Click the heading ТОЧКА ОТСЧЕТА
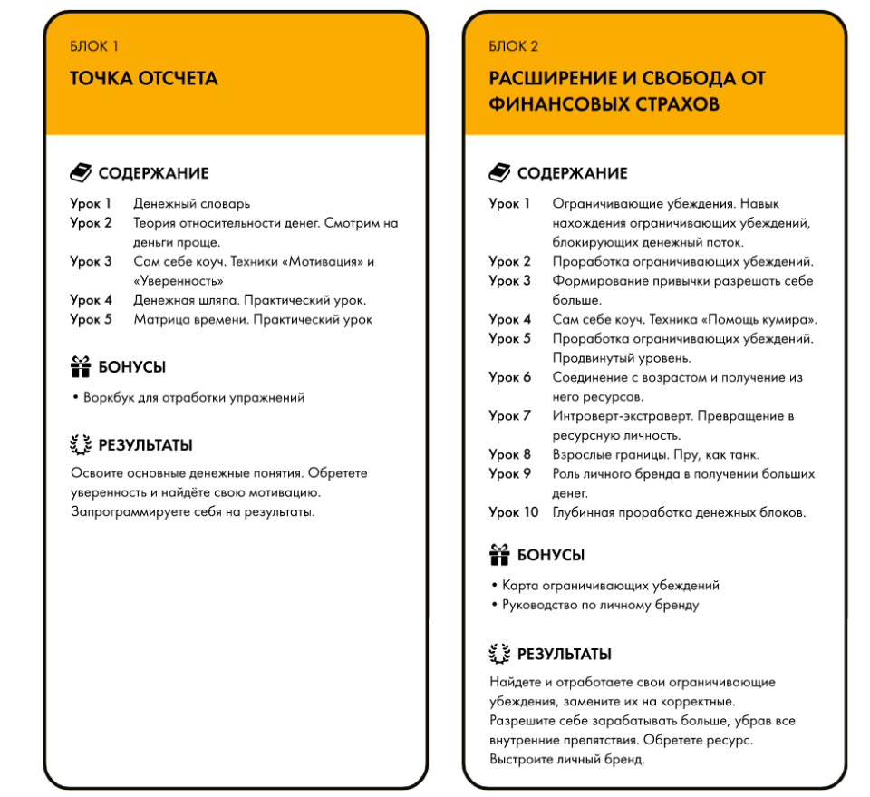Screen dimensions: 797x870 (x=144, y=79)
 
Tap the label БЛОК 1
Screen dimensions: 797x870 (x=94, y=46)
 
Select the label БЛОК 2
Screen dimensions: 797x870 (x=514, y=46)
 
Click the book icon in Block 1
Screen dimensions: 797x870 (x=81, y=172)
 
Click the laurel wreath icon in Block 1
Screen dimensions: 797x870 (x=81, y=445)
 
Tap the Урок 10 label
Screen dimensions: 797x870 (x=514, y=513)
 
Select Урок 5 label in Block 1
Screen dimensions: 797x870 (x=92, y=319)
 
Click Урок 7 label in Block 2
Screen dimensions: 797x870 (x=510, y=416)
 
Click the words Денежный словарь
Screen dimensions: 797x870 (x=191, y=204)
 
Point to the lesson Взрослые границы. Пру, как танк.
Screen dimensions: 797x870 (x=656, y=454)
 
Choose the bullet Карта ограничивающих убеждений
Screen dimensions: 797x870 (x=611, y=586)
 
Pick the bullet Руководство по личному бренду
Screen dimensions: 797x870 (x=600, y=605)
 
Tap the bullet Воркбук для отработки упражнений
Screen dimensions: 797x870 (x=194, y=397)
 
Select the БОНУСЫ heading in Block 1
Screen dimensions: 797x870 (x=131, y=367)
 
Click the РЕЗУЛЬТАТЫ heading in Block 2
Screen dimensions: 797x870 (x=564, y=654)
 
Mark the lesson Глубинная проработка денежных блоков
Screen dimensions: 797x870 (x=679, y=513)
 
